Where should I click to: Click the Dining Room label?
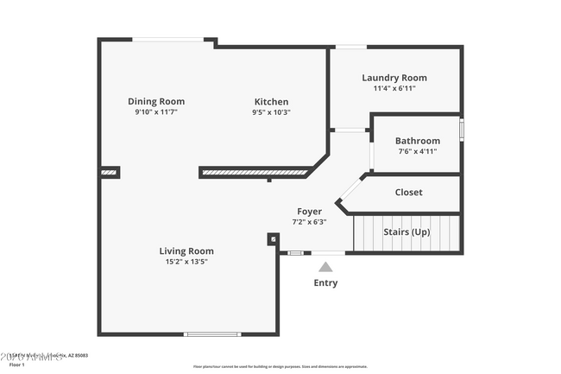tap(156, 101)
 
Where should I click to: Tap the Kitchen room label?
tap(271, 101)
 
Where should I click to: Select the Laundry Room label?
tap(394, 78)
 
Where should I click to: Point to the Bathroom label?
tap(418, 141)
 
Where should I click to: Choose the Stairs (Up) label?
tap(408, 232)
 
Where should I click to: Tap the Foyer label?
tap(309, 211)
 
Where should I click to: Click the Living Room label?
tap(186, 250)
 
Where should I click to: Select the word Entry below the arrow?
tap(325, 282)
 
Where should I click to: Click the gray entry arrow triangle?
tap(325, 267)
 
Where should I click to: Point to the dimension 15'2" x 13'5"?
tap(186, 262)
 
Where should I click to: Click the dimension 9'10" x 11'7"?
tap(156, 112)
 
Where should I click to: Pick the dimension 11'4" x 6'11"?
tap(394, 88)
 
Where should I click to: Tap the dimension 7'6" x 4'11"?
tap(418, 151)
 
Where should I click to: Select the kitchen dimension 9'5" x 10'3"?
tap(271, 112)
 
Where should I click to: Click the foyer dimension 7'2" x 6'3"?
tap(309, 221)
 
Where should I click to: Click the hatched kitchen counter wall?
tap(255, 173)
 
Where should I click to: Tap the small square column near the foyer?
tap(273, 239)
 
